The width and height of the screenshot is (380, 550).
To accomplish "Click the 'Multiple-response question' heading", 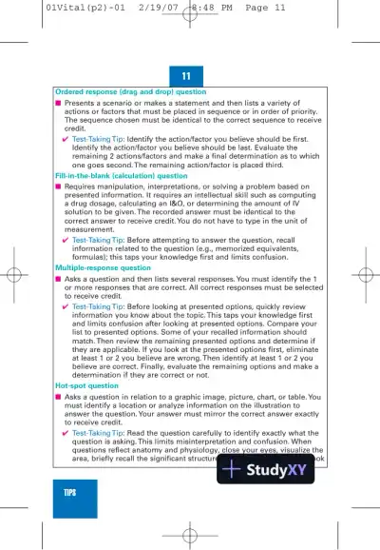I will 103,269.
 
